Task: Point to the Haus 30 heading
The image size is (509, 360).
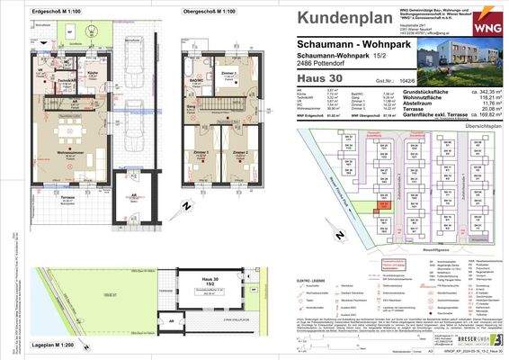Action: [317, 80]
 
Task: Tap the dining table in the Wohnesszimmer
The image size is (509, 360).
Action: [64, 133]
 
